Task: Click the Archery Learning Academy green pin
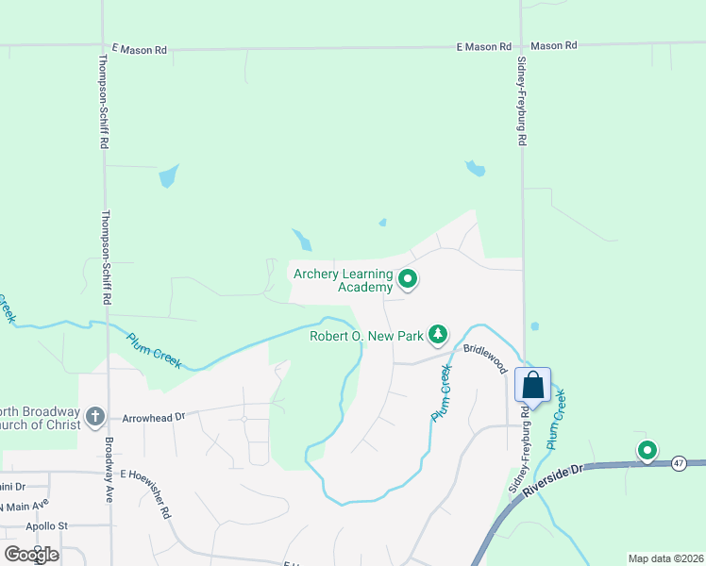click(x=408, y=278)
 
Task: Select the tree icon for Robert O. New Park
click(x=438, y=334)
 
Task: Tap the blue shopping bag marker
click(x=532, y=385)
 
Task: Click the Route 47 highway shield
click(x=679, y=463)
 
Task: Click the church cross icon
click(x=93, y=416)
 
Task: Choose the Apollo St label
click(x=47, y=525)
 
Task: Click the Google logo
click(x=31, y=555)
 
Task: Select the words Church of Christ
click(x=42, y=424)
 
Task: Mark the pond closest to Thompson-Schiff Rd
click(x=168, y=175)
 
